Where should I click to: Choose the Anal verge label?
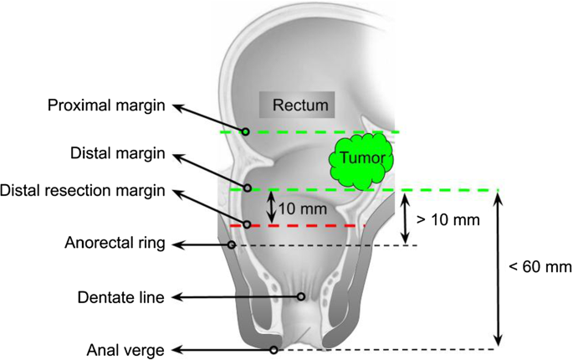(124, 350)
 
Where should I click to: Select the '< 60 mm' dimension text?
(540, 268)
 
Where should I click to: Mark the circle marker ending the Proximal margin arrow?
(246, 131)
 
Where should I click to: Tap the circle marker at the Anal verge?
(274, 350)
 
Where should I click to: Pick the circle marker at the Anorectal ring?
(232, 244)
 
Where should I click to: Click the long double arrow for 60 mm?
(499, 268)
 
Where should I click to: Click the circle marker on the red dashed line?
(248, 225)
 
